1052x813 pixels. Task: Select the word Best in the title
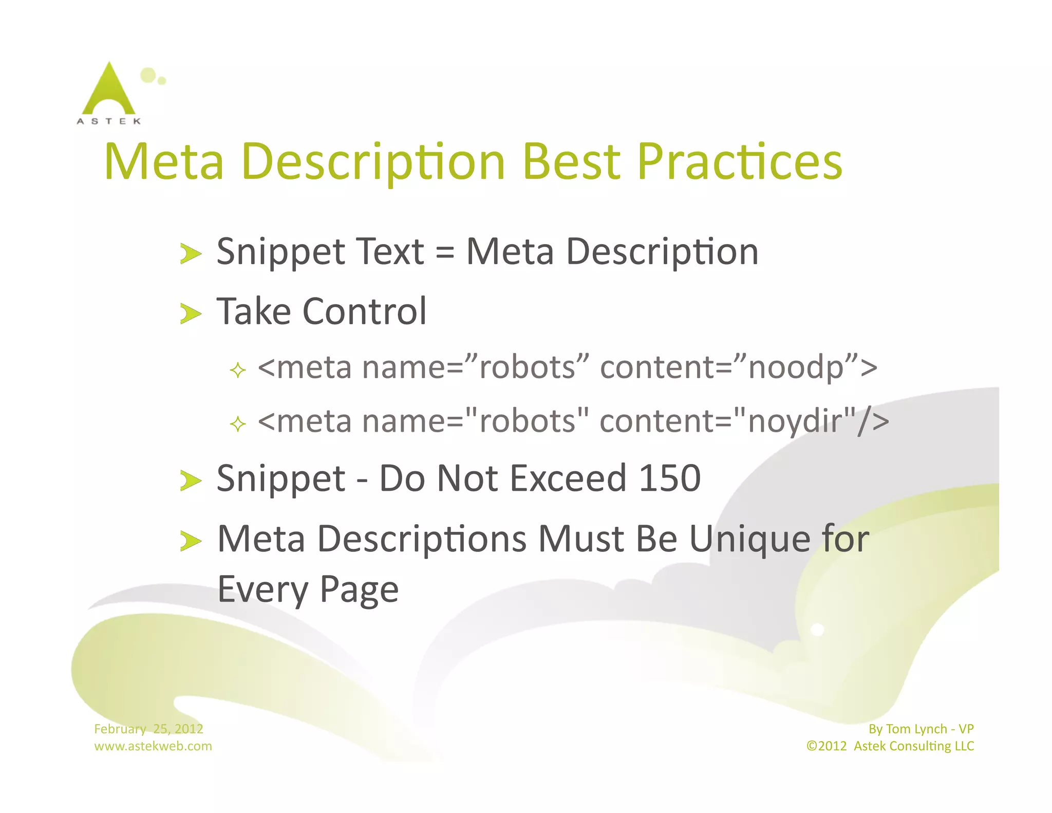(x=573, y=162)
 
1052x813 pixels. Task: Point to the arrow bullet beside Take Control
(x=191, y=313)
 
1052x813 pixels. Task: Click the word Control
(x=364, y=311)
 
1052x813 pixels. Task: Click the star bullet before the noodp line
(x=238, y=370)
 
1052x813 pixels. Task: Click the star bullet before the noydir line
(x=238, y=424)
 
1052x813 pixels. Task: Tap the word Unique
(x=749, y=540)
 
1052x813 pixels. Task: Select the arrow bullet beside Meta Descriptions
(x=191, y=541)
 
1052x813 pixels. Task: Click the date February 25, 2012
(x=148, y=729)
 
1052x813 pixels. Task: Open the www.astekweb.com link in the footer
(x=153, y=746)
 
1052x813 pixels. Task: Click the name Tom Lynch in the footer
(x=916, y=729)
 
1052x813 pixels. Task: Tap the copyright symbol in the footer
(x=812, y=746)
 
